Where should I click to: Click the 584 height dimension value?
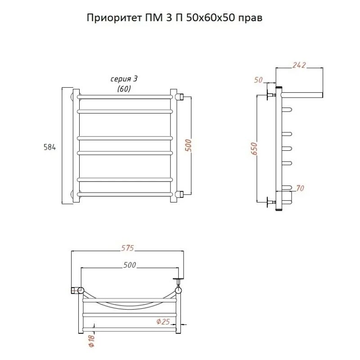point(49,147)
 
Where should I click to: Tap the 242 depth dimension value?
point(299,65)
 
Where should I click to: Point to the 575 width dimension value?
point(127,248)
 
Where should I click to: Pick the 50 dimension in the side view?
point(258,80)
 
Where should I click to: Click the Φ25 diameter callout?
point(162,321)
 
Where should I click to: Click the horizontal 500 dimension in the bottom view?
point(130,265)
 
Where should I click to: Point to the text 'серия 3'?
point(124,79)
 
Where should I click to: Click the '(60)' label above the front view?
point(124,89)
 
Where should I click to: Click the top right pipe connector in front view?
point(179,96)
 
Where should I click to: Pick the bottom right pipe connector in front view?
point(179,194)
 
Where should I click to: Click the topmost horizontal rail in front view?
point(125,96)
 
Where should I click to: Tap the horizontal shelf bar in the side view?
point(301,95)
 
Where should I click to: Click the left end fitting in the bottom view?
point(76,289)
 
